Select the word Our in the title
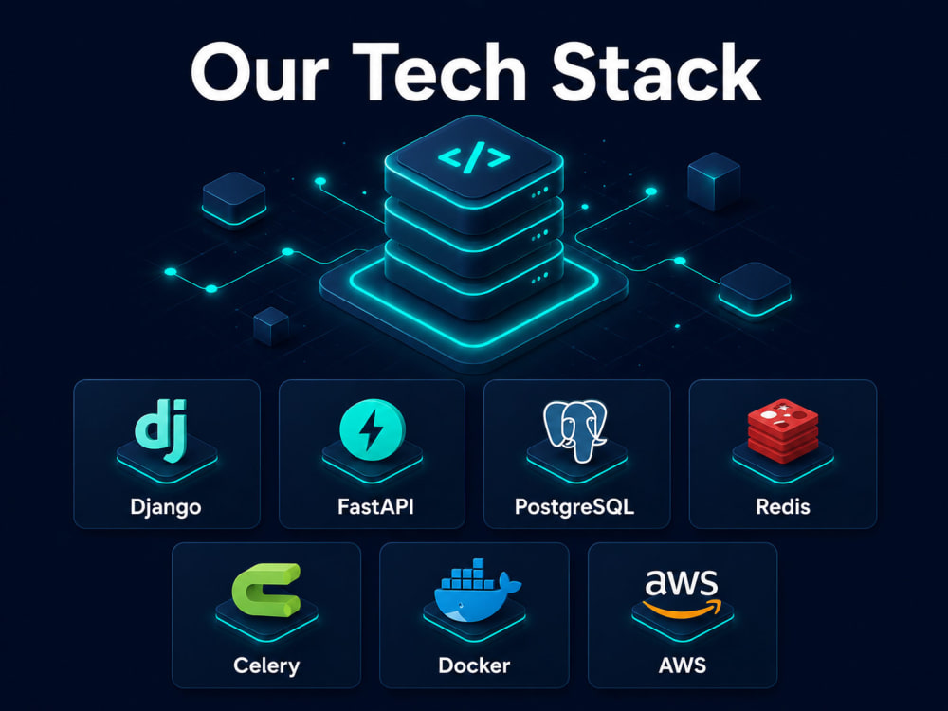pyautogui.click(x=260, y=73)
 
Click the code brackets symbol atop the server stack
pyautogui.click(x=473, y=157)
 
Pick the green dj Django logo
pyautogui.click(x=161, y=429)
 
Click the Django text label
pyautogui.click(x=166, y=506)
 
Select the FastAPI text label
pyautogui.click(x=375, y=506)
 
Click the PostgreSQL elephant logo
pyautogui.click(x=574, y=430)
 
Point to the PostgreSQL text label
pyautogui.click(x=574, y=506)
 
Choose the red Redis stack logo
pyautogui.click(x=783, y=430)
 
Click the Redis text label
pyautogui.click(x=783, y=506)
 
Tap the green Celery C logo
pyautogui.click(x=266, y=590)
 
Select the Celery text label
pyautogui.click(x=266, y=665)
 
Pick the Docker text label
pyautogui.click(x=474, y=665)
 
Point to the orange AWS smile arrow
pyautogui.click(x=682, y=608)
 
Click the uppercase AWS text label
pyautogui.click(x=682, y=665)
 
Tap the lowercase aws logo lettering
pyautogui.click(x=682, y=582)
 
